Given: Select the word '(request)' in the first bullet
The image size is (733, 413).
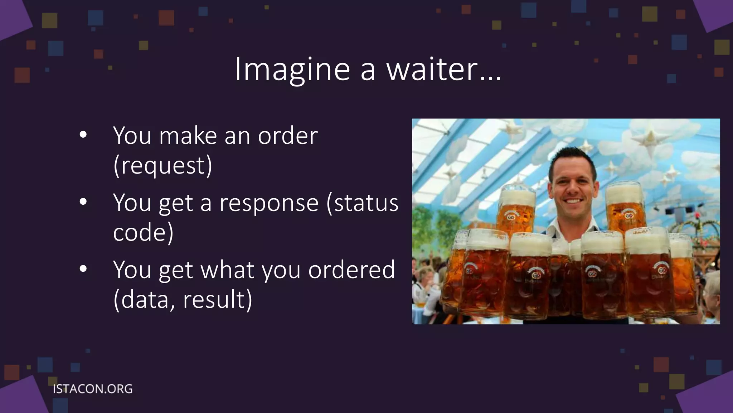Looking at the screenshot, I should click(x=163, y=166).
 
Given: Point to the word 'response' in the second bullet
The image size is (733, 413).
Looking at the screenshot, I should click(x=269, y=203).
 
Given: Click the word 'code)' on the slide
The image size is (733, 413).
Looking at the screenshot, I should click(x=143, y=233).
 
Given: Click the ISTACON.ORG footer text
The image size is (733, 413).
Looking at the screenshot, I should click(x=93, y=389).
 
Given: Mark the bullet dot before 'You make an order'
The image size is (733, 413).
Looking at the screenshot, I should click(x=83, y=135).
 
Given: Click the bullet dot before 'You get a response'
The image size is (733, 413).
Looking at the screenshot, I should click(x=83, y=202).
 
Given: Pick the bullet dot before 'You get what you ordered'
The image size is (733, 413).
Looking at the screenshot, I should click(x=83, y=269).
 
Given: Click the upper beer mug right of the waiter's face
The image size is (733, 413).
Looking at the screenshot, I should click(x=625, y=208).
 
